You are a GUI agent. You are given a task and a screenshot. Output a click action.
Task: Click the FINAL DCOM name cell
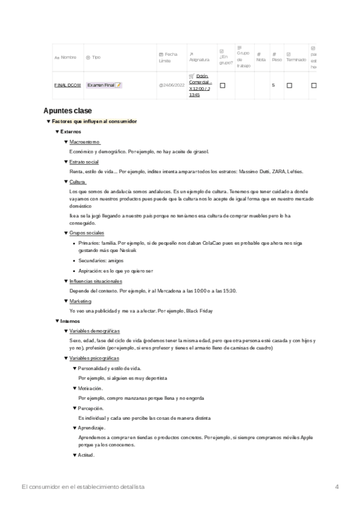click(x=67, y=85)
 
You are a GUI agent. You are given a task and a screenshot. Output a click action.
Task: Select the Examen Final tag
click(x=104, y=85)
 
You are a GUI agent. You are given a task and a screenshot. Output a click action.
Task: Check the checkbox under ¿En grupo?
click(x=222, y=85)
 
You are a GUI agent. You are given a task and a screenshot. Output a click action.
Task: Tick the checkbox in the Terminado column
click(x=289, y=85)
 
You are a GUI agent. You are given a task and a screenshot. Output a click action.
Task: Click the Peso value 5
click(x=273, y=85)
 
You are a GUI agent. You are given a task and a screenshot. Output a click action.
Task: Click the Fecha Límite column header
click(x=168, y=57)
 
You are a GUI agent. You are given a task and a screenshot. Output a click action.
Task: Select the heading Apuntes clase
click(x=68, y=111)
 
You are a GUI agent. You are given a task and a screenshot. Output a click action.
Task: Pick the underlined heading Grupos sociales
click(x=87, y=233)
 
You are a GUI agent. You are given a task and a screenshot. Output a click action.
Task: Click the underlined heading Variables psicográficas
click(x=95, y=358)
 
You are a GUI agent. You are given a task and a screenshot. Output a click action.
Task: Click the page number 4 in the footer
click(x=337, y=486)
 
